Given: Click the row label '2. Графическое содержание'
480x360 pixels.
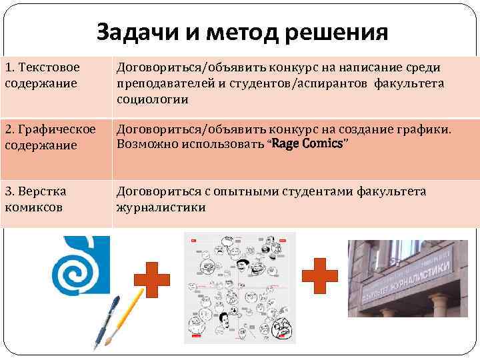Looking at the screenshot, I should click(x=49, y=136).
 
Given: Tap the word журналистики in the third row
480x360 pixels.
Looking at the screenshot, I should click(x=161, y=207).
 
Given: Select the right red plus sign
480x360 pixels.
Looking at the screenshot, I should click(x=319, y=275).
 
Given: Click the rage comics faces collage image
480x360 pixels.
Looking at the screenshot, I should click(x=239, y=288).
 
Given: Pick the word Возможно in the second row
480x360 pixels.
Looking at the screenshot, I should click(x=143, y=144).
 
